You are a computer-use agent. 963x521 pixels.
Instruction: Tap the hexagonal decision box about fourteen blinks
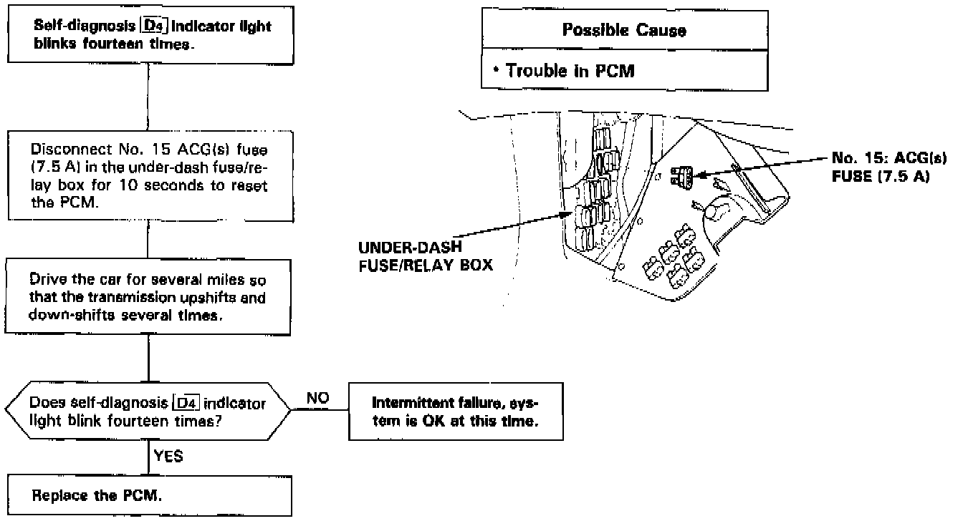(x=148, y=412)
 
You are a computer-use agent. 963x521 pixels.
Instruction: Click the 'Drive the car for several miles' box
(x=148, y=297)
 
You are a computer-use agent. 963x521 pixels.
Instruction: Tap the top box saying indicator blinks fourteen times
(x=148, y=33)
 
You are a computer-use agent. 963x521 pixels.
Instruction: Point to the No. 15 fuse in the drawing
(x=681, y=175)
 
